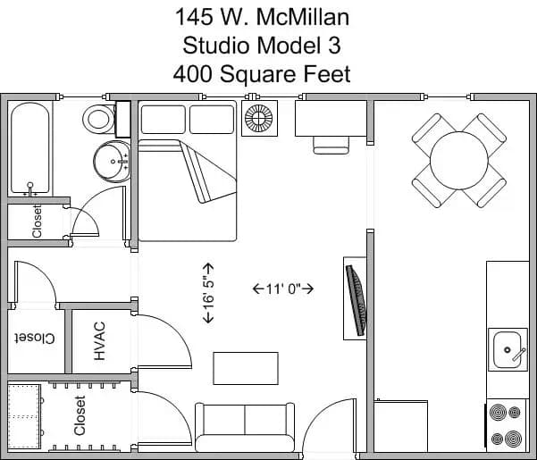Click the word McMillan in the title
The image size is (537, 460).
(x=298, y=16)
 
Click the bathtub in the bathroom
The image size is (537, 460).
(x=30, y=148)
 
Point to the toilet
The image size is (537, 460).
(x=98, y=118)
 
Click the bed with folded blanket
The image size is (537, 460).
(x=188, y=174)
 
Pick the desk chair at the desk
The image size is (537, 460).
(x=331, y=142)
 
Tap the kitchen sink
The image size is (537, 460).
(x=508, y=348)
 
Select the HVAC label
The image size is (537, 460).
(x=100, y=340)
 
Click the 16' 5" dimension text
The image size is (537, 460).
(x=208, y=293)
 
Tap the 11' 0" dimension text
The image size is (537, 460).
(x=282, y=289)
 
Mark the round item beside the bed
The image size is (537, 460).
(x=259, y=120)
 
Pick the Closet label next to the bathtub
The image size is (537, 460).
(x=37, y=221)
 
